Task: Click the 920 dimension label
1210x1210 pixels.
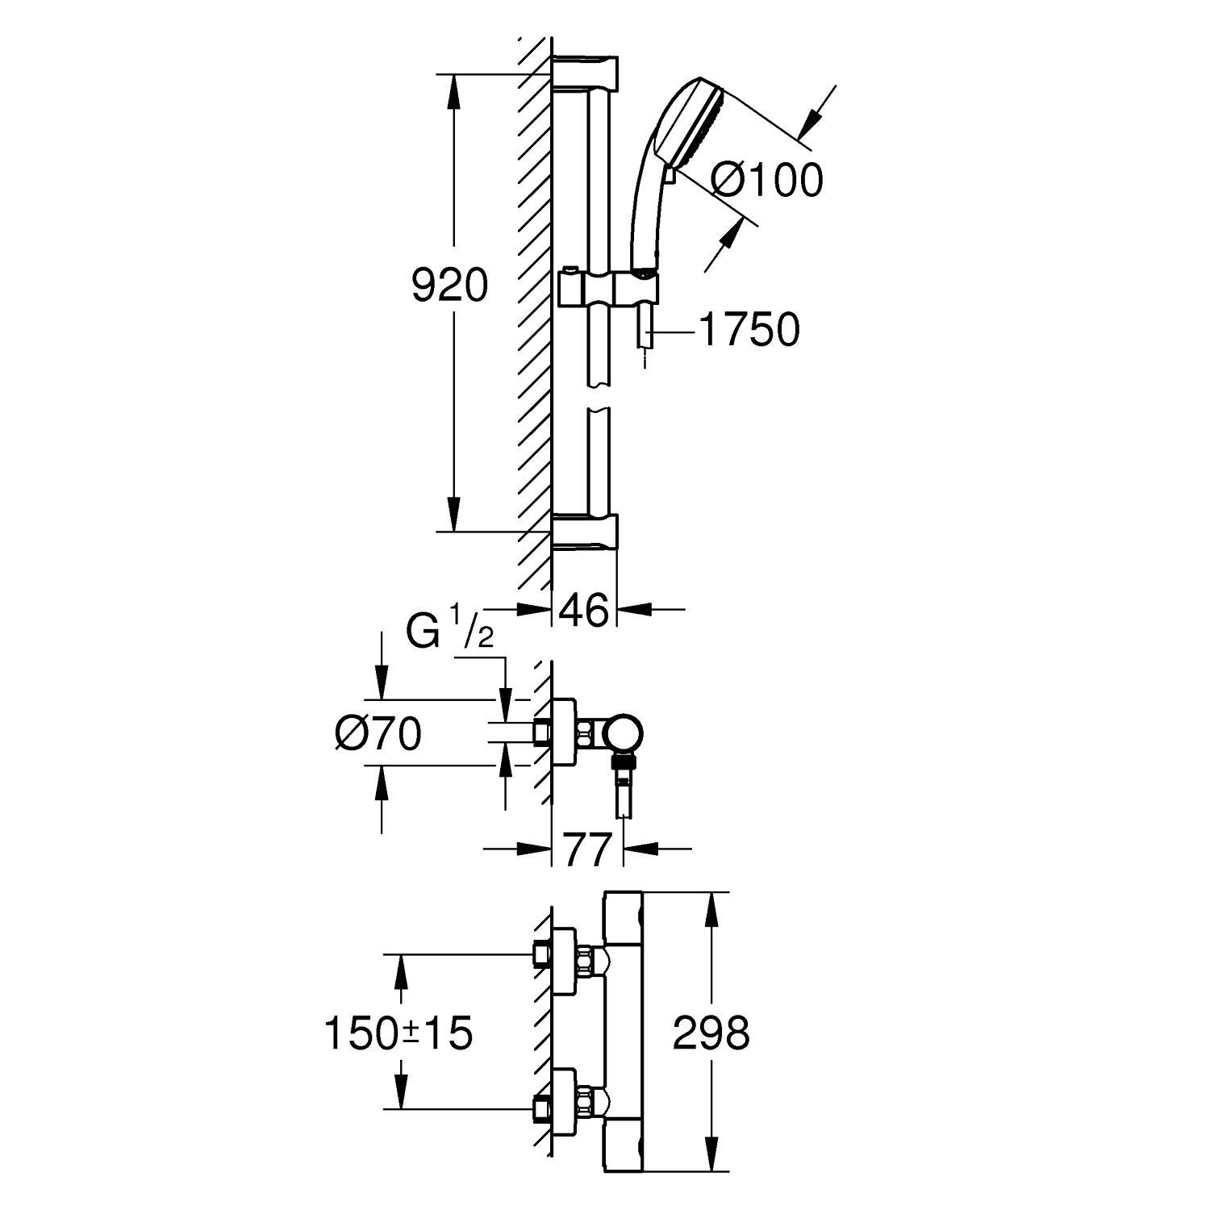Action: click(449, 286)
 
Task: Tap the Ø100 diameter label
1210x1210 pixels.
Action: click(768, 179)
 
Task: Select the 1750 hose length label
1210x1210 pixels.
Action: click(749, 330)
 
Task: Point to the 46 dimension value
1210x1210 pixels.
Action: click(584, 611)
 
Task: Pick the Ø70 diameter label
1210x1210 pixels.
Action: click(378, 734)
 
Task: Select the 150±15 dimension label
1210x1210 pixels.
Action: click(398, 1033)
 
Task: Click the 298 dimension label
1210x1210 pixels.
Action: click(711, 1033)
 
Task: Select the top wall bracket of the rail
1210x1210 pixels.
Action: click(585, 73)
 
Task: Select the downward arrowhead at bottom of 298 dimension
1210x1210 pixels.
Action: click(711, 1154)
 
